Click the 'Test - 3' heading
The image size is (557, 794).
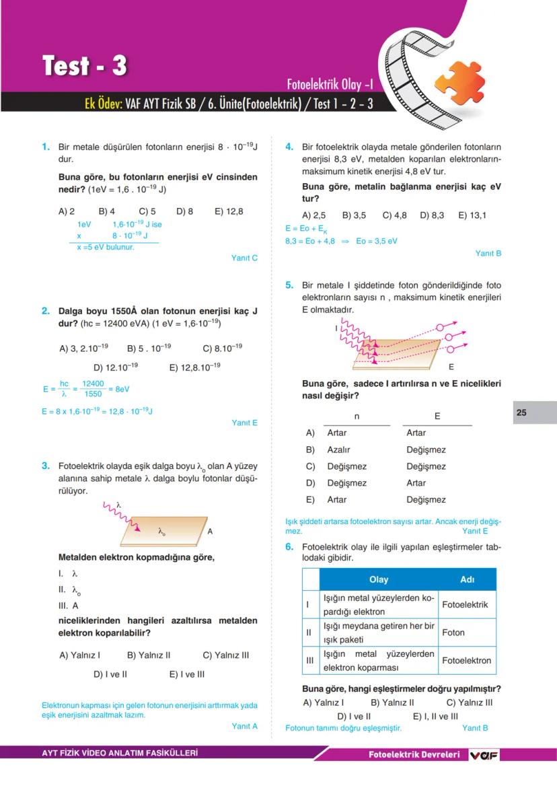(85, 66)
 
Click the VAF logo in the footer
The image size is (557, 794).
(483, 755)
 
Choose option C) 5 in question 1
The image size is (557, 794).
(147, 211)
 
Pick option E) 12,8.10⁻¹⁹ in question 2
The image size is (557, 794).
(195, 367)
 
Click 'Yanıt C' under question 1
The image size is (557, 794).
(244, 258)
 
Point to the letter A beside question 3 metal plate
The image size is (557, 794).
(210, 532)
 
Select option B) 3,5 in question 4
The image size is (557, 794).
(354, 215)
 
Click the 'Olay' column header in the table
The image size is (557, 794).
(379, 579)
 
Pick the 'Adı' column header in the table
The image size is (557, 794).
(467, 579)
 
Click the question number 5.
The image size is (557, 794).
(289, 285)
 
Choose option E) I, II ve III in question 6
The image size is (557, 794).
(435, 717)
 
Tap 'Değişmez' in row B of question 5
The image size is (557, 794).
(426, 449)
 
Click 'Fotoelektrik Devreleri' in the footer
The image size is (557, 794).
(414, 755)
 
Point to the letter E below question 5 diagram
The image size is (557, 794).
(451, 368)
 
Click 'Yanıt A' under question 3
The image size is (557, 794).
(244, 726)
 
